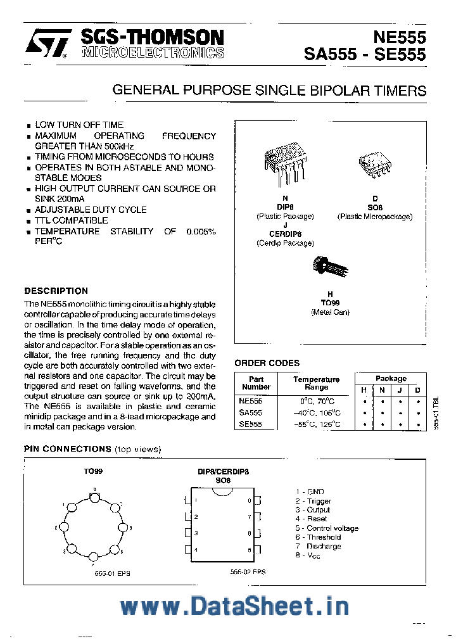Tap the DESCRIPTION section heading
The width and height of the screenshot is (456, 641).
point(56,291)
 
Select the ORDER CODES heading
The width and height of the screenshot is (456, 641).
point(267,363)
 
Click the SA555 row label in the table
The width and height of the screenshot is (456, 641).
point(250,412)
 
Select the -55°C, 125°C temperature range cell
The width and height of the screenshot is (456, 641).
point(316,424)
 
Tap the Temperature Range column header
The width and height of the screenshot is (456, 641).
point(316,383)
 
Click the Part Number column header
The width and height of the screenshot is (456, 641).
point(256,383)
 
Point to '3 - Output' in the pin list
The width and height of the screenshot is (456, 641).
point(312,510)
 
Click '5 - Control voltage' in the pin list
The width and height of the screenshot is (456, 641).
point(326,528)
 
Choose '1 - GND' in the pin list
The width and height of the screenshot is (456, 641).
point(309,492)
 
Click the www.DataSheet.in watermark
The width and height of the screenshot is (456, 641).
point(234,606)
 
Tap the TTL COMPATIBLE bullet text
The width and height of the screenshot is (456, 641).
point(71,220)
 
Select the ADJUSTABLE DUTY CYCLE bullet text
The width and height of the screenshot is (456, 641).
point(91,210)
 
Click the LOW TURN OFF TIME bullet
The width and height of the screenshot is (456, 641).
point(79,125)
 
